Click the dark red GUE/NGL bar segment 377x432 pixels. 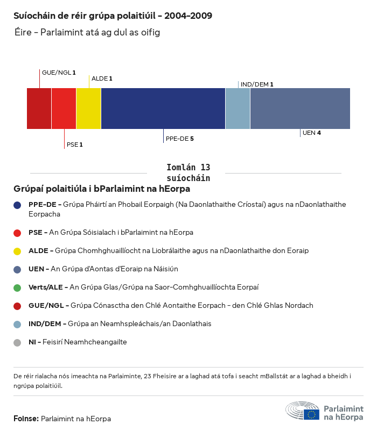tap(39, 109)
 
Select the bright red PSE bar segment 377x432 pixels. tap(64, 109)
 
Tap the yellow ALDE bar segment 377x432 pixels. tap(88, 109)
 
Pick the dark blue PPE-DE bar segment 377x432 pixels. tap(163, 109)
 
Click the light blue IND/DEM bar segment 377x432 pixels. tap(238, 109)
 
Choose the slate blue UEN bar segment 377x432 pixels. tap(300, 109)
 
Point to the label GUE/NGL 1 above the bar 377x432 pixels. tap(59, 73)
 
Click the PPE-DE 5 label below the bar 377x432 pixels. tap(179, 139)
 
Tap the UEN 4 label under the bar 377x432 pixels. tap(311, 133)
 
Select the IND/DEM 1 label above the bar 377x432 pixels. tap(257, 84)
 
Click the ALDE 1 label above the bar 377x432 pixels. tap(102, 79)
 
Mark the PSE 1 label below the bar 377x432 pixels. tap(74, 145)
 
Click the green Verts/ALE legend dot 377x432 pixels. tap(17, 287)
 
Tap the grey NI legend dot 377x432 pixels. tap(17, 342)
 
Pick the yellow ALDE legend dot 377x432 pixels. tap(17, 251)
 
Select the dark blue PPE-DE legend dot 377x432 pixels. tap(17, 205)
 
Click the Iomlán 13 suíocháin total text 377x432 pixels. tap(188, 172)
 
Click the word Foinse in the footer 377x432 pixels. tap(26, 418)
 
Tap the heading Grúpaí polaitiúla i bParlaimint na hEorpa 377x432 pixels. tap(102, 189)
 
